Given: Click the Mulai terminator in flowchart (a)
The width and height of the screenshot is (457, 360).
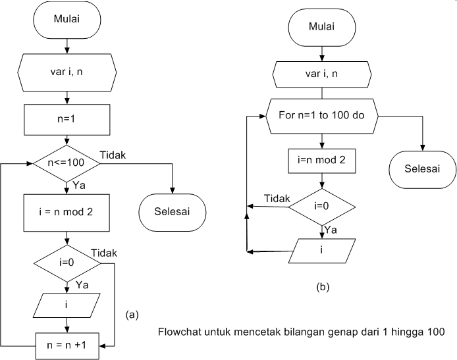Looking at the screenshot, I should (67, 20).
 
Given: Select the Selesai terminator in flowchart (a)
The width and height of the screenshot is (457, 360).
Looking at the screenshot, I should (173, 211).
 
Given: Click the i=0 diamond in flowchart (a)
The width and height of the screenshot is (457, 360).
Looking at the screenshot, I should (67, 263).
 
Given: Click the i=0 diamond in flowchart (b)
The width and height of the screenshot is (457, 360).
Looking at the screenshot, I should (321, 206).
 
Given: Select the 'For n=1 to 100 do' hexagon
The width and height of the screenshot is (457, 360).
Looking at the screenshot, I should (321, 116).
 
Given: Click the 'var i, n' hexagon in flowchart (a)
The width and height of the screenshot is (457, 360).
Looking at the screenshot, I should (67, 70).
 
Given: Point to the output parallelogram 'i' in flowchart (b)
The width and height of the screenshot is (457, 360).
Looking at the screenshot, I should (321, 250).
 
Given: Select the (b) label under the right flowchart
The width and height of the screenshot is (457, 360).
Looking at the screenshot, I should (323, 286).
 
